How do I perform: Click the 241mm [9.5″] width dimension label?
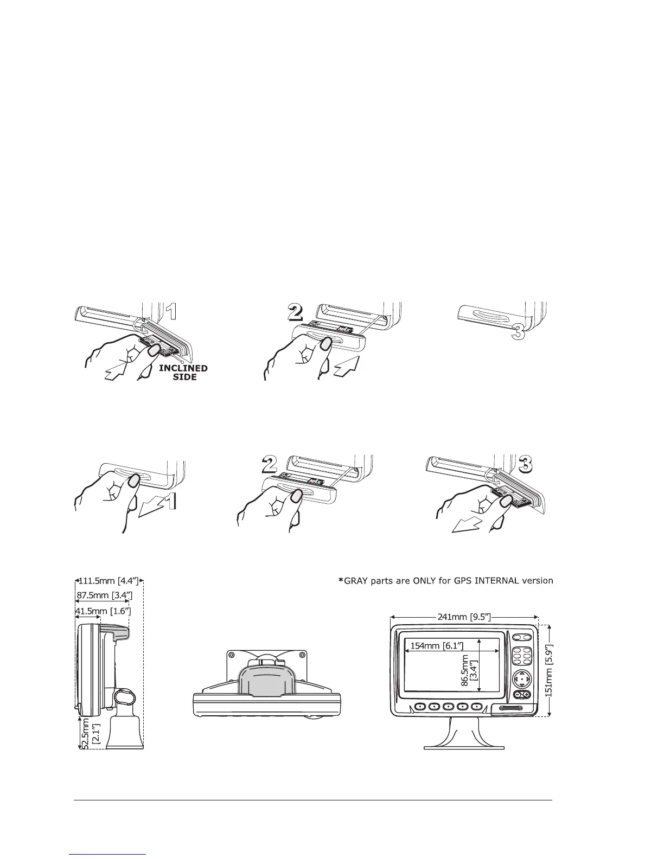464,616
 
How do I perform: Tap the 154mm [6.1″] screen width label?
435,645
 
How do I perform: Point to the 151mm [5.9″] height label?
549,670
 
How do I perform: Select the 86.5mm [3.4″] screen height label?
468,670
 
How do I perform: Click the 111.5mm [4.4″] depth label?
109,582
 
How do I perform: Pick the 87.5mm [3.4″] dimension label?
103,595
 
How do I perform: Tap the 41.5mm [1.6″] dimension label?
103,612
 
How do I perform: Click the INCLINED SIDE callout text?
184,372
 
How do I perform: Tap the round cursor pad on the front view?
521,678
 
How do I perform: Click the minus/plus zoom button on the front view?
521,695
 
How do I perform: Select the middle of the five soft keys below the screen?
448,707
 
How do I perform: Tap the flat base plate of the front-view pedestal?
464,746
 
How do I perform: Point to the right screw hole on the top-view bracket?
304,655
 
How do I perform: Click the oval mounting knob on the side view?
125,696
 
